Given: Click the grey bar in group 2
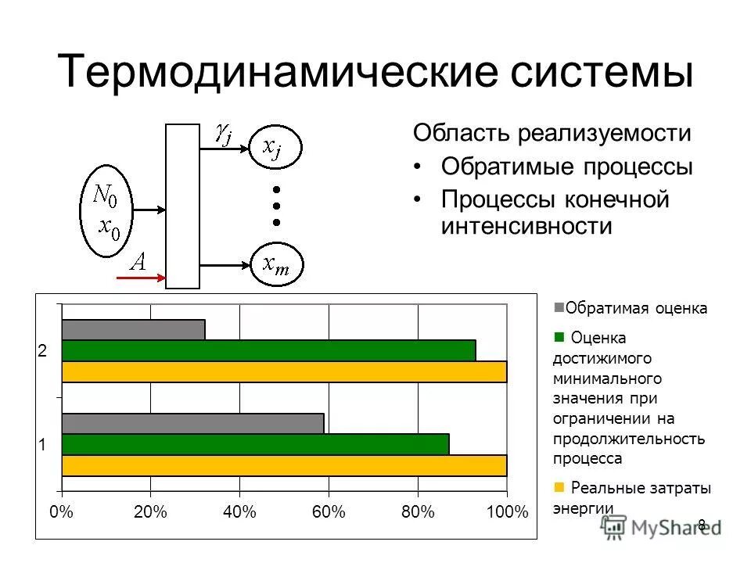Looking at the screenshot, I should pyautogui.click(x=133, y=330).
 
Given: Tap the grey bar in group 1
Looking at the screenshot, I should pyautogui.click(x=192, y=423).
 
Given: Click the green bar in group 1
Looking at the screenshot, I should pyautogui.click(x=255, y=444).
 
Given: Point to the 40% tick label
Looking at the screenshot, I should pyautogui.click(x=239, y=512).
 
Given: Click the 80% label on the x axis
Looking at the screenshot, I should pyautogui.click(x=418, y=512).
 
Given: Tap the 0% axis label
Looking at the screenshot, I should pyautogui.click(x=62, y=512).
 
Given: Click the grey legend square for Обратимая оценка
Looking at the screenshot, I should pyautogui.click(x=559, y=307).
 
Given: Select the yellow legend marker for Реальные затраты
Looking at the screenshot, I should pyautogui.click(x=559, y=487).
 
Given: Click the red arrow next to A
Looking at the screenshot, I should pyautogui.click(x=141, y=277).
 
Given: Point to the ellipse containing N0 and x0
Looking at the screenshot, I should pyautogui.click(x=106, y=210).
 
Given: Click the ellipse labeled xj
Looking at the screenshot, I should pyautogui.click(x=275, y=146).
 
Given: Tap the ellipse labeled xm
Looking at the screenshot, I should pyautogui.click(x=275, y=264).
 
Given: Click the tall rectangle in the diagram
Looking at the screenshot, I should pyautogui.click(x=183, y=206).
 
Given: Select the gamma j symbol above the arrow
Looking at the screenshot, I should pyautogui.click(x=223, y=134).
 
